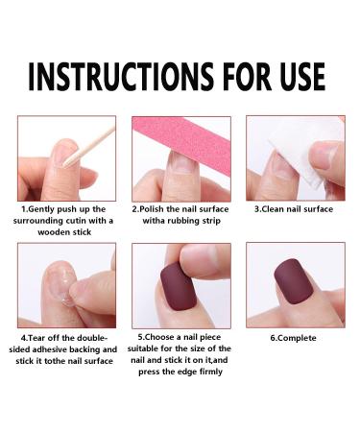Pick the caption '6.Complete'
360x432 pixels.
(x=294, y=338)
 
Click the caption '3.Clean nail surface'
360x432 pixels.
(x=294, y=208)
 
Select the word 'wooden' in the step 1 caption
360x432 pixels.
(x=58, y=231)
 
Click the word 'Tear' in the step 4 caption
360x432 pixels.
(x=39, y=338)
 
